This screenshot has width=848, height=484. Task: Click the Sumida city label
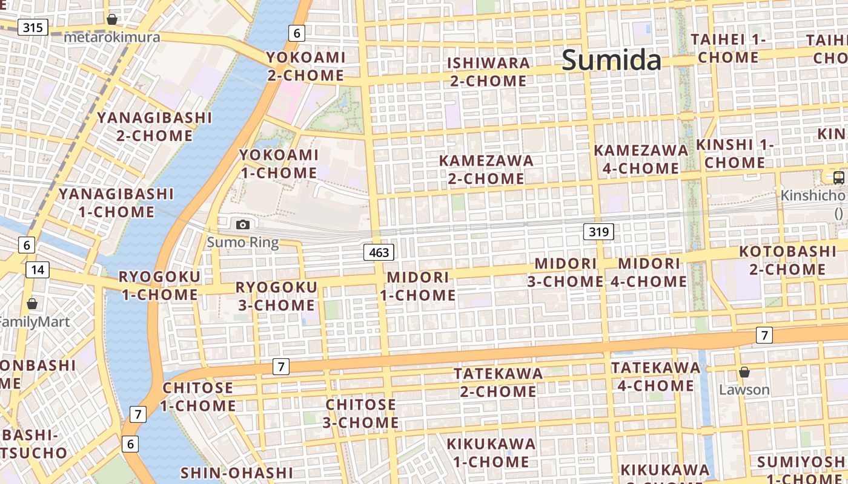click(x=612, y=60)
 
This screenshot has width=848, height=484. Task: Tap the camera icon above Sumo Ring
click(x=243, y=224)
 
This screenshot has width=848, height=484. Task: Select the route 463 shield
click(x=379, y=252)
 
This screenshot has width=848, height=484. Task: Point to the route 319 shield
click(x=599, y=231)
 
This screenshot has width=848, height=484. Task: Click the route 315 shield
click(x=33, y=27)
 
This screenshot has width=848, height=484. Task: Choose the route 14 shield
click(x=38, y=269)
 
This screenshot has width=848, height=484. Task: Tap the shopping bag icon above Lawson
click(x=744, y=372)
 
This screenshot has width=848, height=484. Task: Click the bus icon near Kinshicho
click(x=839, y=177)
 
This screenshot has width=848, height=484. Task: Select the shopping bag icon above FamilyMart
click(x=32, y=303)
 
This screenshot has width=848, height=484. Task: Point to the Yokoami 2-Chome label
click(x=306, y=67)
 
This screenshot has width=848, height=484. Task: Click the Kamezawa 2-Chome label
click(x=486, y=169)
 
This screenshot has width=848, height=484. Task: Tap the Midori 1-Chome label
click(x=418, y=286)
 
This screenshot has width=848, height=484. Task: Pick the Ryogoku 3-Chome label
click(x=276, y=296)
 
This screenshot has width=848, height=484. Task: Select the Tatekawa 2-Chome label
click(x=499, y=382)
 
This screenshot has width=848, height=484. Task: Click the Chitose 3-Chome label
click(x=361, y=413)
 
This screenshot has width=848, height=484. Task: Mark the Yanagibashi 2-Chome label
click(x=154, y=126)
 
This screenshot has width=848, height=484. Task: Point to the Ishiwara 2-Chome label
click(x=488, y=71)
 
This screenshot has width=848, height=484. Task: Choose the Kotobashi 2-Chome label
click(x=787, y=260)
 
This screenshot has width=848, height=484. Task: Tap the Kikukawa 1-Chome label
click(x=491, y=453)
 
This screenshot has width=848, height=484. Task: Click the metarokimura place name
click(x=112, y=38)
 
